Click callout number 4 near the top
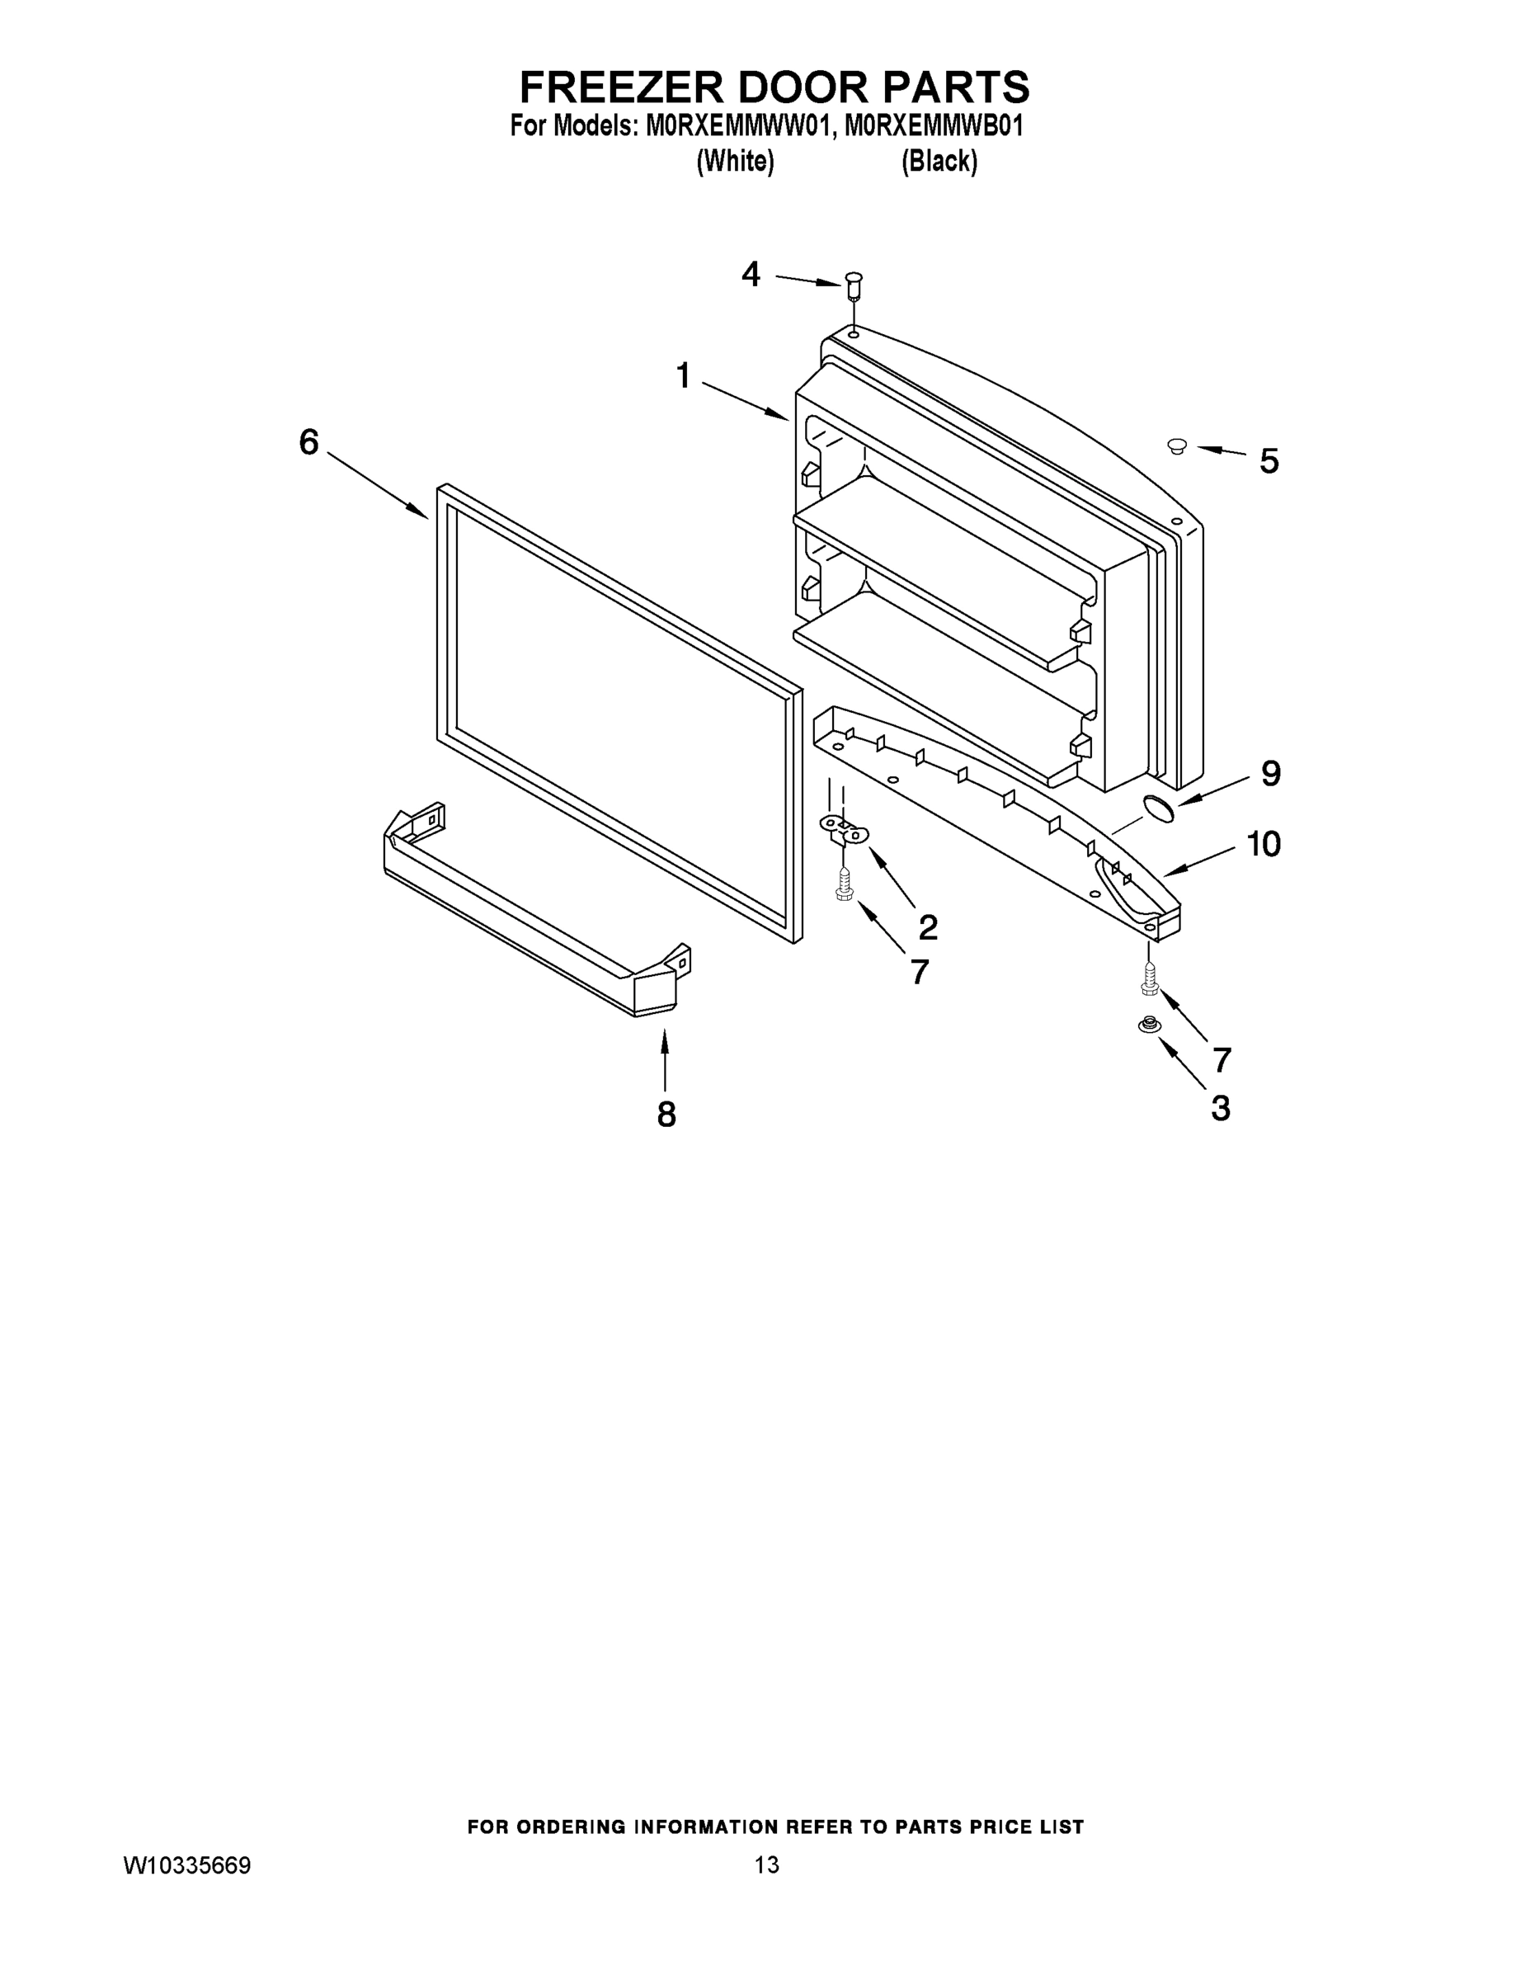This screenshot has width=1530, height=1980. pyautogui.click(x=751, y=274)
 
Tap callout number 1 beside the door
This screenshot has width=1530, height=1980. pyautogui.click(x=684, y=375)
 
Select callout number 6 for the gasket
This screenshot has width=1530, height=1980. pyautogui.click(x=309, y=442)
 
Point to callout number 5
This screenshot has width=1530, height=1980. pyautogui.click(x=1269, y=461)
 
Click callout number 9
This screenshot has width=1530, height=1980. pyautogui.click(x=1271, y=773)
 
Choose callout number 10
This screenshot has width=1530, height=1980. pyautogui.click(x=1264, y=844)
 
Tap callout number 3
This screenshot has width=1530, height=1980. pyautogui.click(x=1221, y=1108)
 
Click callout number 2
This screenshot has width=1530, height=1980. pyautogui.click(x=927, y=926)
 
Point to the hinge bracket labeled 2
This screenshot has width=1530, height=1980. pyautogui.click(x=844, y=827)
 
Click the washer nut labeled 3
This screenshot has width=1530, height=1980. pyautogui.click(x=1148, y=1025)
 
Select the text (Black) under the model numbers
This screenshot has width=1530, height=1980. pyautogui.click(x=939, y=162)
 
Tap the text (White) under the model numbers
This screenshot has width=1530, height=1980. pyautogui.click(x=735, y=162)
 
